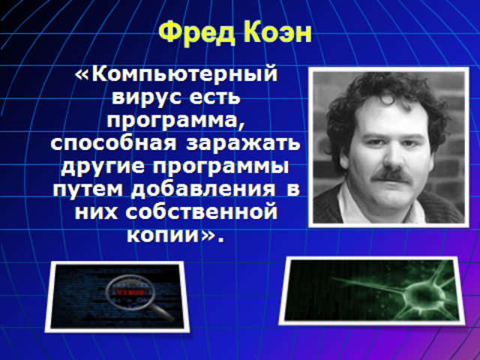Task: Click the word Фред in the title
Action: click(x=196, y=33)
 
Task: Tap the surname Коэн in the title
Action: click(x=277, y=33)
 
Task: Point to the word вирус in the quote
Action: click(x=146, y=98)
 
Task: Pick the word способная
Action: click(x=114, y=144)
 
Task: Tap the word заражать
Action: click(x=243, y=144)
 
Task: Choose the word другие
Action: click(x=103, y=167)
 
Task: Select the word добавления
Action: click(x=203, y=190)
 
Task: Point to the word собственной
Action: click(x=201, y=211)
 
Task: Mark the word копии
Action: click(x=163, y=235)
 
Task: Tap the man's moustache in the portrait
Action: click(x=393, y=175)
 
